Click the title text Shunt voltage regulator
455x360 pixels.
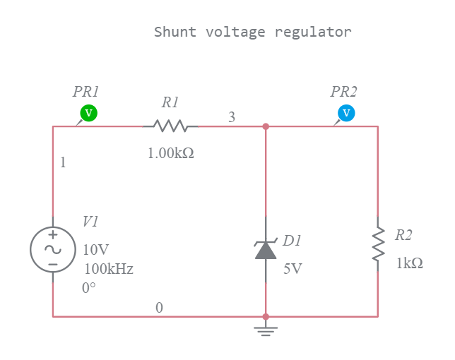pyautogui.click(x=252, y=32)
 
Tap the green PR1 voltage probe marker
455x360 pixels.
pyautogui.click(x=88, y=112)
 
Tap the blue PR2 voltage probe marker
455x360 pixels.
pyautogui.click(x=345, y=112)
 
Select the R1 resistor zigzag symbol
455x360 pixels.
pyautogui.click(x=170, y=126)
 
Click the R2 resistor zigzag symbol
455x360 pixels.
pyautogui.click(x=378, y=244)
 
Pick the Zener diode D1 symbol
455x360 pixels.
pyautogui.click(x=266, y=249)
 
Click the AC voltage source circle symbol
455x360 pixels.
pyautogui.click(x=53, y=249)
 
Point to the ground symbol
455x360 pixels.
pyautogui.click(x=266, y=330)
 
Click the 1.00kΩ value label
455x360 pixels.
pyautogui.click(x=170, y=152)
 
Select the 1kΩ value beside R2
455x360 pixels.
pyautogui.click(x=410, y=263)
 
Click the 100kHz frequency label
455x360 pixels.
pyautogui.click(x=109, y=269)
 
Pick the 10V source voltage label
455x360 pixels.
pyautogui.click(x=96, y=250)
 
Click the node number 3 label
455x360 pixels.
pyautogui.click(x=232, y=117)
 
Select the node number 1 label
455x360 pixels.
pyautogui.click(x=63, y=162)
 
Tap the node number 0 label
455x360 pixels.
pyautogui.click(x=159, y=308)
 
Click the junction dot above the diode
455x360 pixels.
pyautogui.click(x=266, y=126)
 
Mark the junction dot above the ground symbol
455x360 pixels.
pyautogui.click(x=266, y=317)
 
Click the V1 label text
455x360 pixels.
pyautogui.click(x=90, y=222)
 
